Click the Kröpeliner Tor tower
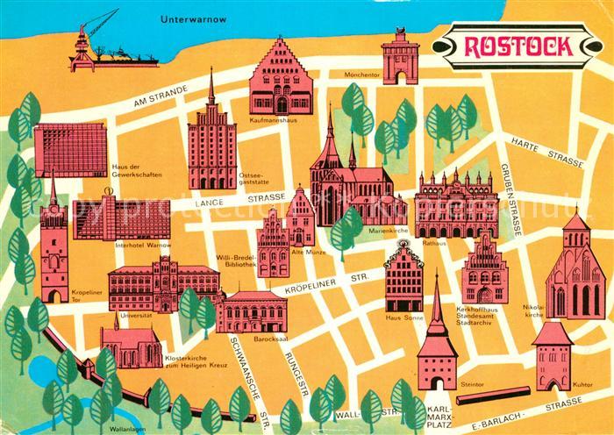(x=54, y=254)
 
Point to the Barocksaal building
(x=255, y=311)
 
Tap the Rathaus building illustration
(x=456, y=204)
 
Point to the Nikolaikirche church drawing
(x=575, y=272)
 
